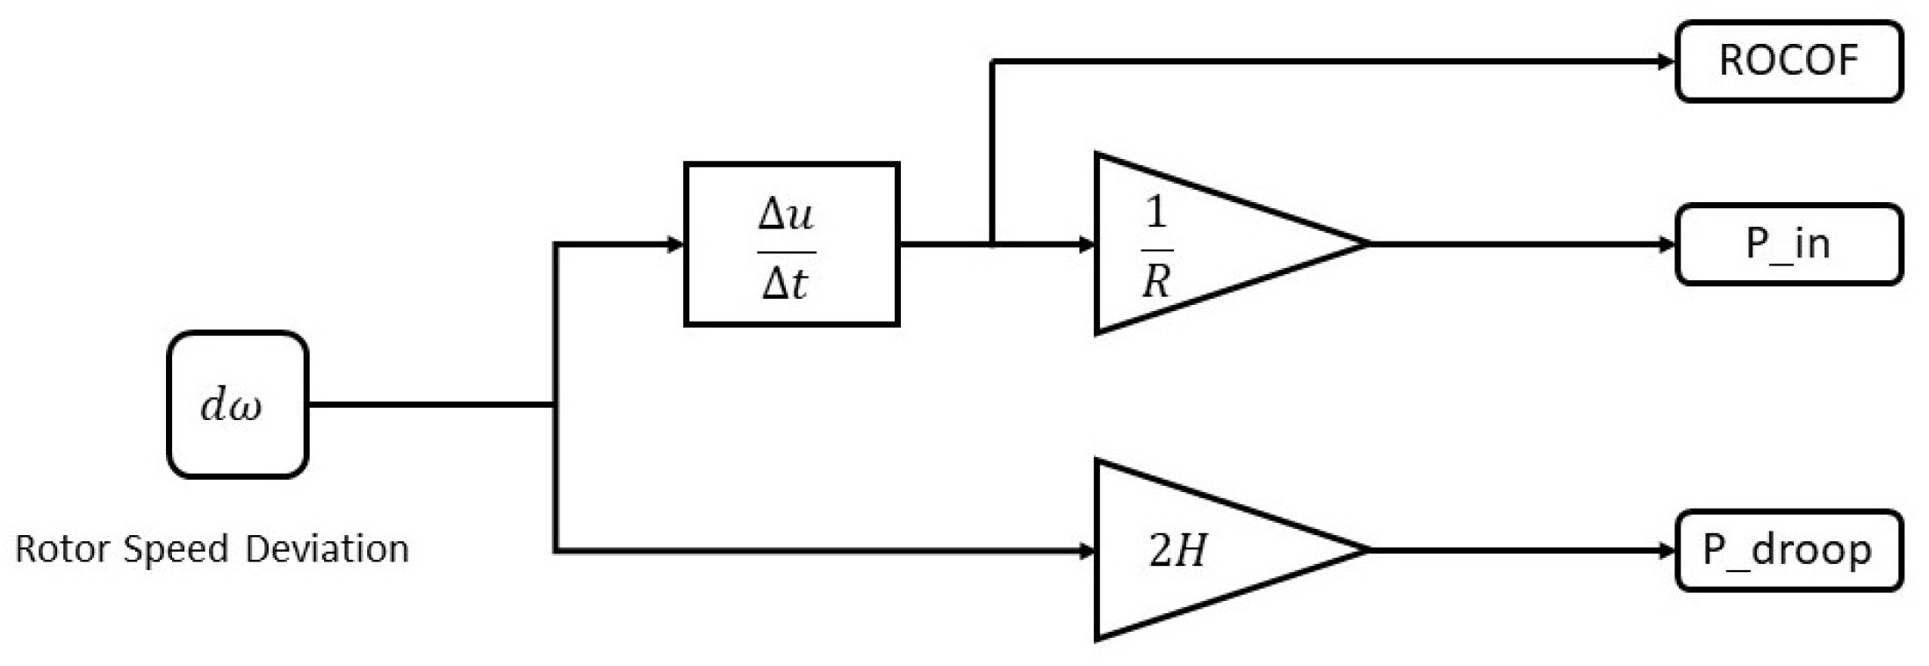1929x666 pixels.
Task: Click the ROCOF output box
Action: pos(1789,62)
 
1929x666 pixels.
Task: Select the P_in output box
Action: pos(1789,244)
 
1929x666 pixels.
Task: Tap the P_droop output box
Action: pos(1789,550)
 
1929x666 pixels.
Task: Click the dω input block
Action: pos(237,405)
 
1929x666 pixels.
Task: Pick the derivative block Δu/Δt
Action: pos(791,244)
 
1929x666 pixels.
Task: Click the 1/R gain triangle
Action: pos(1203,244)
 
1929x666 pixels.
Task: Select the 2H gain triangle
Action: pos(1203,550)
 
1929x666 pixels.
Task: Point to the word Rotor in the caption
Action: pos(62,549)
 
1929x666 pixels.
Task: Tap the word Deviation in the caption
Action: pos(327,549)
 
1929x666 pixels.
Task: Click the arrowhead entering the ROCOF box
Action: pos(1666,62)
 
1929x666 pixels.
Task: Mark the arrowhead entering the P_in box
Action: pos(1666,244)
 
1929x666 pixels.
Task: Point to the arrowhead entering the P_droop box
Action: pos(1666,550)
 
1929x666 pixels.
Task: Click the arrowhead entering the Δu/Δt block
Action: pos(675,244)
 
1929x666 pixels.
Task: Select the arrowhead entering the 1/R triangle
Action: pos(1086,244)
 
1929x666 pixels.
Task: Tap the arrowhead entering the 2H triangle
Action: pos(1086,551)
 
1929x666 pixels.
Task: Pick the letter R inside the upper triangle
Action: pos(1156,282)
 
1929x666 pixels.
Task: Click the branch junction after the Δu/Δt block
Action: pos(992,244)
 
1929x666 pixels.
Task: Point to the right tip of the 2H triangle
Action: pos(1366,550)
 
